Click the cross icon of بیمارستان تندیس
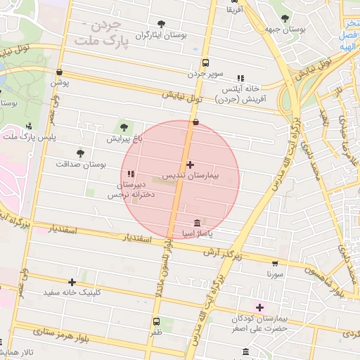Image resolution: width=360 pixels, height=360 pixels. click(x=190, y=164)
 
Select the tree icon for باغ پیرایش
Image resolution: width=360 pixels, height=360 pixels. click(x=124, y=127)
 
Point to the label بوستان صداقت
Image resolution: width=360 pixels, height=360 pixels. click(x=81, y=164)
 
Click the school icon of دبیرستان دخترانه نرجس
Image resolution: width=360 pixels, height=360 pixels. click(x=131, y=174)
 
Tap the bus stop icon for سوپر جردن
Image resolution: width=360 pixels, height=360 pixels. click(x=205, y=62)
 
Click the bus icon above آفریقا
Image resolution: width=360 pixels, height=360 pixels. click(x=235, y=1)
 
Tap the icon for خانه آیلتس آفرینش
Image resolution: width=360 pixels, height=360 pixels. click(x=241, y=79)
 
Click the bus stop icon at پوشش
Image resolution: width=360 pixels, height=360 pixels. click(x=59, y=72)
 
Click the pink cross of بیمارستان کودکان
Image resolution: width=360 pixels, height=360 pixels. click(x=260, y=307)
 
